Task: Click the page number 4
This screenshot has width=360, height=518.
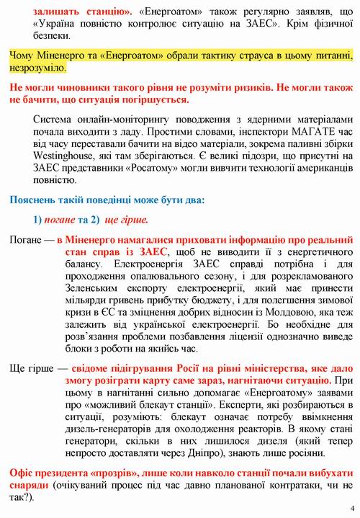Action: (352, 507)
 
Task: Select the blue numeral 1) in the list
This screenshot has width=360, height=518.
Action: (39, 219)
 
